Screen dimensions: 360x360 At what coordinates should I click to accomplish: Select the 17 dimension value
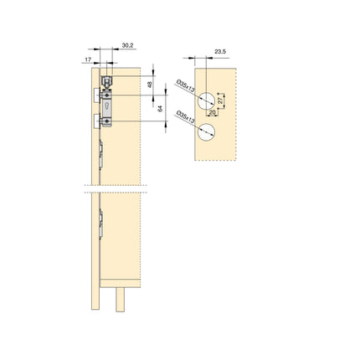pos(88,59)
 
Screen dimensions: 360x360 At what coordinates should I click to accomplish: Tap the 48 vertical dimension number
pos(150,84)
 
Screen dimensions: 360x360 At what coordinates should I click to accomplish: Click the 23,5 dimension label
pos(220,52)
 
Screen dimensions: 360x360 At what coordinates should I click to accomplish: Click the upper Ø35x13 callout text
pos(185,87)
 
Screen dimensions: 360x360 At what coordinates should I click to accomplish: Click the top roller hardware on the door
pos(107,81)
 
